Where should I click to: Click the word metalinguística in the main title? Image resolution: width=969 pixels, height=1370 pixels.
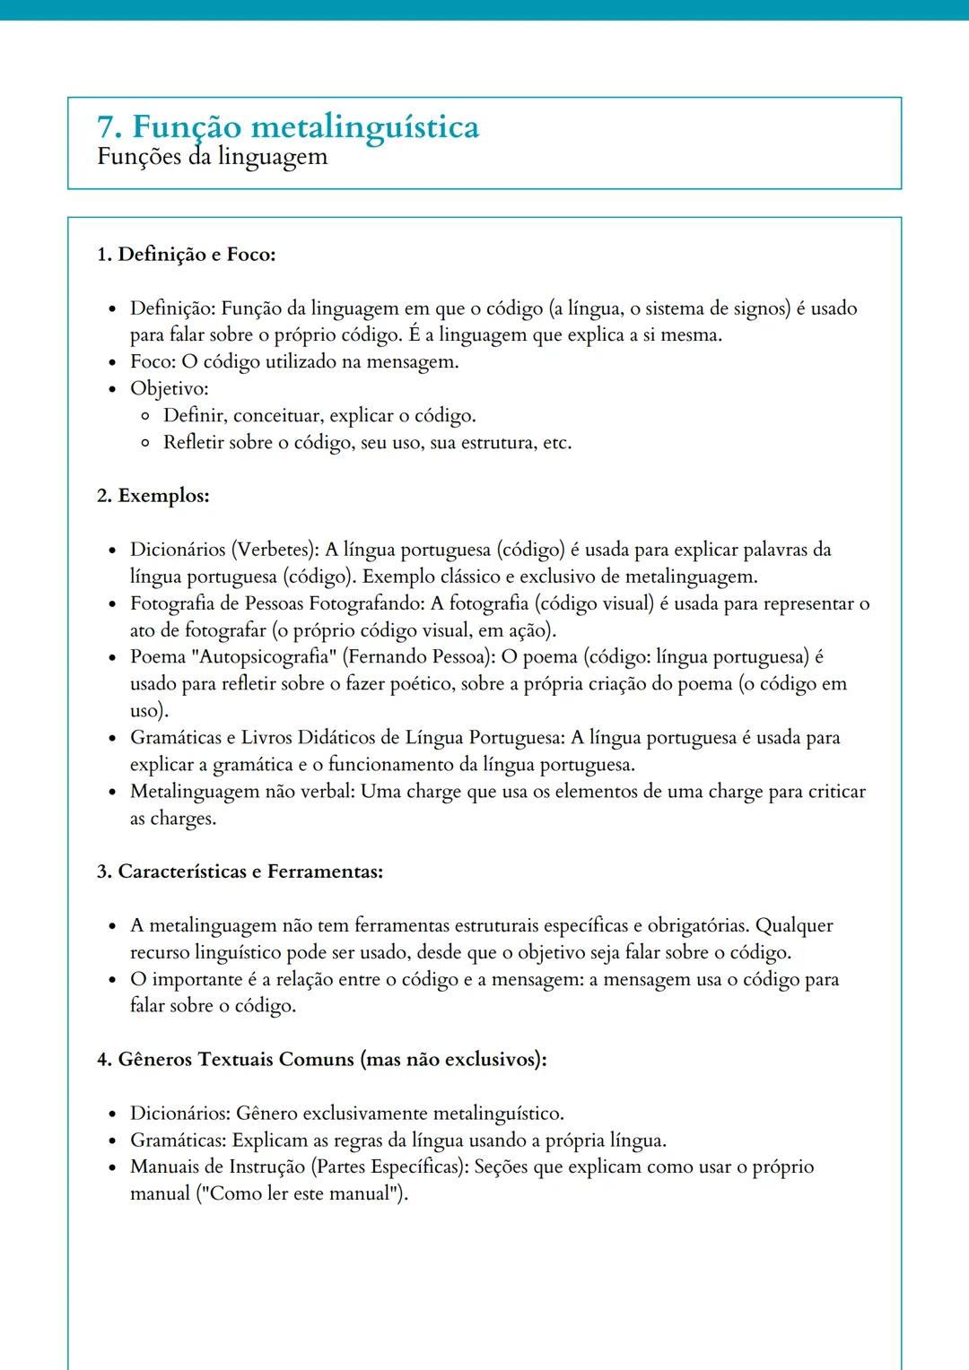pos(364,126)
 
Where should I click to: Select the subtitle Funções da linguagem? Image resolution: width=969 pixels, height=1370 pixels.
pos(212,157)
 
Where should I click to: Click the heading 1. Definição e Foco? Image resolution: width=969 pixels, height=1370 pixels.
pos(186,255)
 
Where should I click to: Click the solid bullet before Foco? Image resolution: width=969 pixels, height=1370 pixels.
pos(112,363)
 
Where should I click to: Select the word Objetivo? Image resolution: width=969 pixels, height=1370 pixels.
pos(168,389)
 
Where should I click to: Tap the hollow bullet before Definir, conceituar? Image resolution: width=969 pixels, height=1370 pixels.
pos(145,416)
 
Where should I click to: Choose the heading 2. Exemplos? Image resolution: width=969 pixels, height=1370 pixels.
pos(153,496)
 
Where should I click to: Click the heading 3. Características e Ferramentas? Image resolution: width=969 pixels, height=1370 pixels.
pos(240,871)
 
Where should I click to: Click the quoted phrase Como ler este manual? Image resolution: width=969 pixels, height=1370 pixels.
pos(301,1194)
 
